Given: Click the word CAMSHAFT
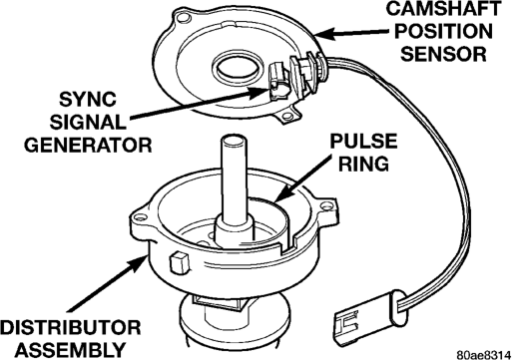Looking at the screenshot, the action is pos(443,9).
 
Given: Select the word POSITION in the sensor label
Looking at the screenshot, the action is pos(443,31).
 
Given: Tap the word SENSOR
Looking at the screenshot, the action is pos(443,54).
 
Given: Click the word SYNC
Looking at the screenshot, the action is pos(88,99).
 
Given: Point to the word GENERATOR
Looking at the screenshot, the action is pos(88,145).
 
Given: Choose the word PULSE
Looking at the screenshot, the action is pos(363,141).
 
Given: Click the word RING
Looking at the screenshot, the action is pos(363,164).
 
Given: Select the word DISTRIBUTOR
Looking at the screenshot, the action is pos(70,327).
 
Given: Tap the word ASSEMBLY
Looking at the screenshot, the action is pos(70,350).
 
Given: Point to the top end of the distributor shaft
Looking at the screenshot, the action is pos(234,141).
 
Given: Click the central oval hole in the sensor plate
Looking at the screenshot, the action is pos(237,68).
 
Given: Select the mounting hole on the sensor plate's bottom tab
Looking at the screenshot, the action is pos(287,116).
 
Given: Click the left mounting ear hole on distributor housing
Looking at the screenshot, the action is pos(140,218).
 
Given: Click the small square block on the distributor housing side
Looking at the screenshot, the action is pos(180,263).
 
